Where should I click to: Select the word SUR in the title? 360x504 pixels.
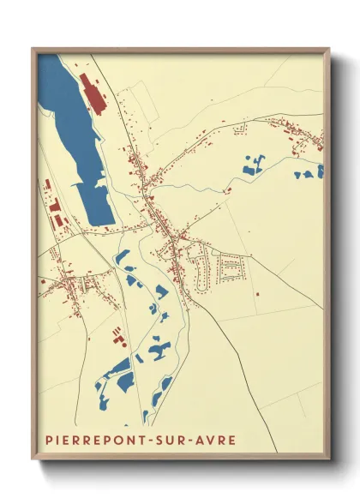[171, 440]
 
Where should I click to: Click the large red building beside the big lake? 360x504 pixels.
[91, 93]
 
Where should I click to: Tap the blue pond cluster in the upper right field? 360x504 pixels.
[254, 165]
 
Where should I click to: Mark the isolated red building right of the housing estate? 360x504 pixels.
[256, 294]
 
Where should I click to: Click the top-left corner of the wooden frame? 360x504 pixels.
[33, 49]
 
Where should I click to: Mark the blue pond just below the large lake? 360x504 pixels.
[122, 257]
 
